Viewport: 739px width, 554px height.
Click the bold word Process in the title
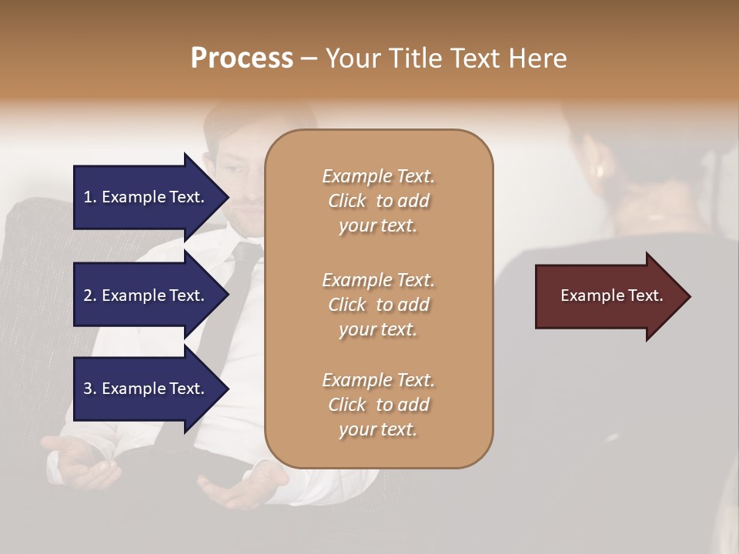coord(242,58)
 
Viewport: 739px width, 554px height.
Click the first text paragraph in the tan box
coord(378,201)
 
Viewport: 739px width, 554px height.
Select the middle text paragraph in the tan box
coord(378,305)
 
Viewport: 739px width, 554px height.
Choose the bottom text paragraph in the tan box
coord(378,405)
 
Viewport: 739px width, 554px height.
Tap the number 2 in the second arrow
coord(89,295)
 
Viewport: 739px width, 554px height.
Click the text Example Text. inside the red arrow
coord(611,296)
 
